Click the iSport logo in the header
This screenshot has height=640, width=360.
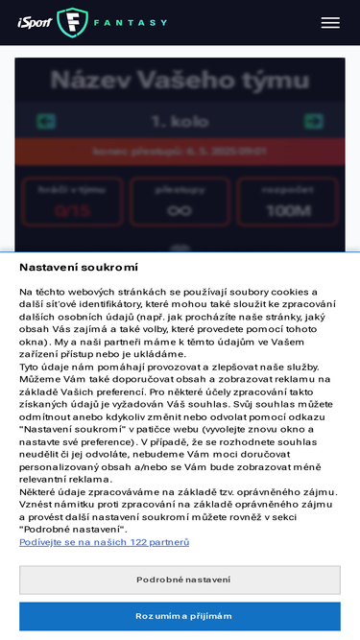coord(36,22)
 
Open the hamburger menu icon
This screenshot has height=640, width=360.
coord(330,22)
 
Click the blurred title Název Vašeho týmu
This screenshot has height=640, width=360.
coord(180,81)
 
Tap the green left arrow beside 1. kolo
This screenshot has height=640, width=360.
coord(45,122)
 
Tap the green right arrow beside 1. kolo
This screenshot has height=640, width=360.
coord(313,122)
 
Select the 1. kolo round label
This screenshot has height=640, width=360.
coord(180,122)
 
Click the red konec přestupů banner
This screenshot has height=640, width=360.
coord(180,152)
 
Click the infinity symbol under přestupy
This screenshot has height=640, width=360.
coord(180,210)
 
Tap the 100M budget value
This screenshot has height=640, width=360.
coord(287,210)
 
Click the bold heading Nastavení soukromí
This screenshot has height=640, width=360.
coord(79,267)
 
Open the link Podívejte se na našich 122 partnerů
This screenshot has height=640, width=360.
coord(105,542)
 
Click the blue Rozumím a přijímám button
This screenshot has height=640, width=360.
coord(180,616)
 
